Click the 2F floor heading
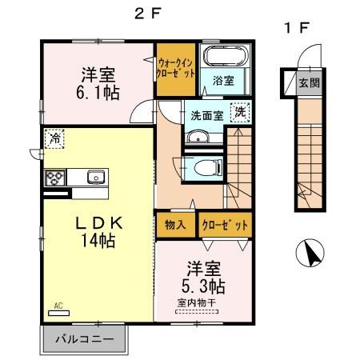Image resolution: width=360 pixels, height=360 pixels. (x=142, y=12)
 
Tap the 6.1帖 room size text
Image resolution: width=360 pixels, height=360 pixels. (x=100, y=94)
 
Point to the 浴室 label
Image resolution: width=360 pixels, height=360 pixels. (x=223, y=80)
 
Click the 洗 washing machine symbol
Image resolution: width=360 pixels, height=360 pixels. (x=239, y=112)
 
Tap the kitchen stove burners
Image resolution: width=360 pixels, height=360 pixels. (x=54, y=178)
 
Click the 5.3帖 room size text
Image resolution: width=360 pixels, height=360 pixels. (x=206, y=286)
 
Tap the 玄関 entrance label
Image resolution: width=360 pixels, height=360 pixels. (x=309, y=82)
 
